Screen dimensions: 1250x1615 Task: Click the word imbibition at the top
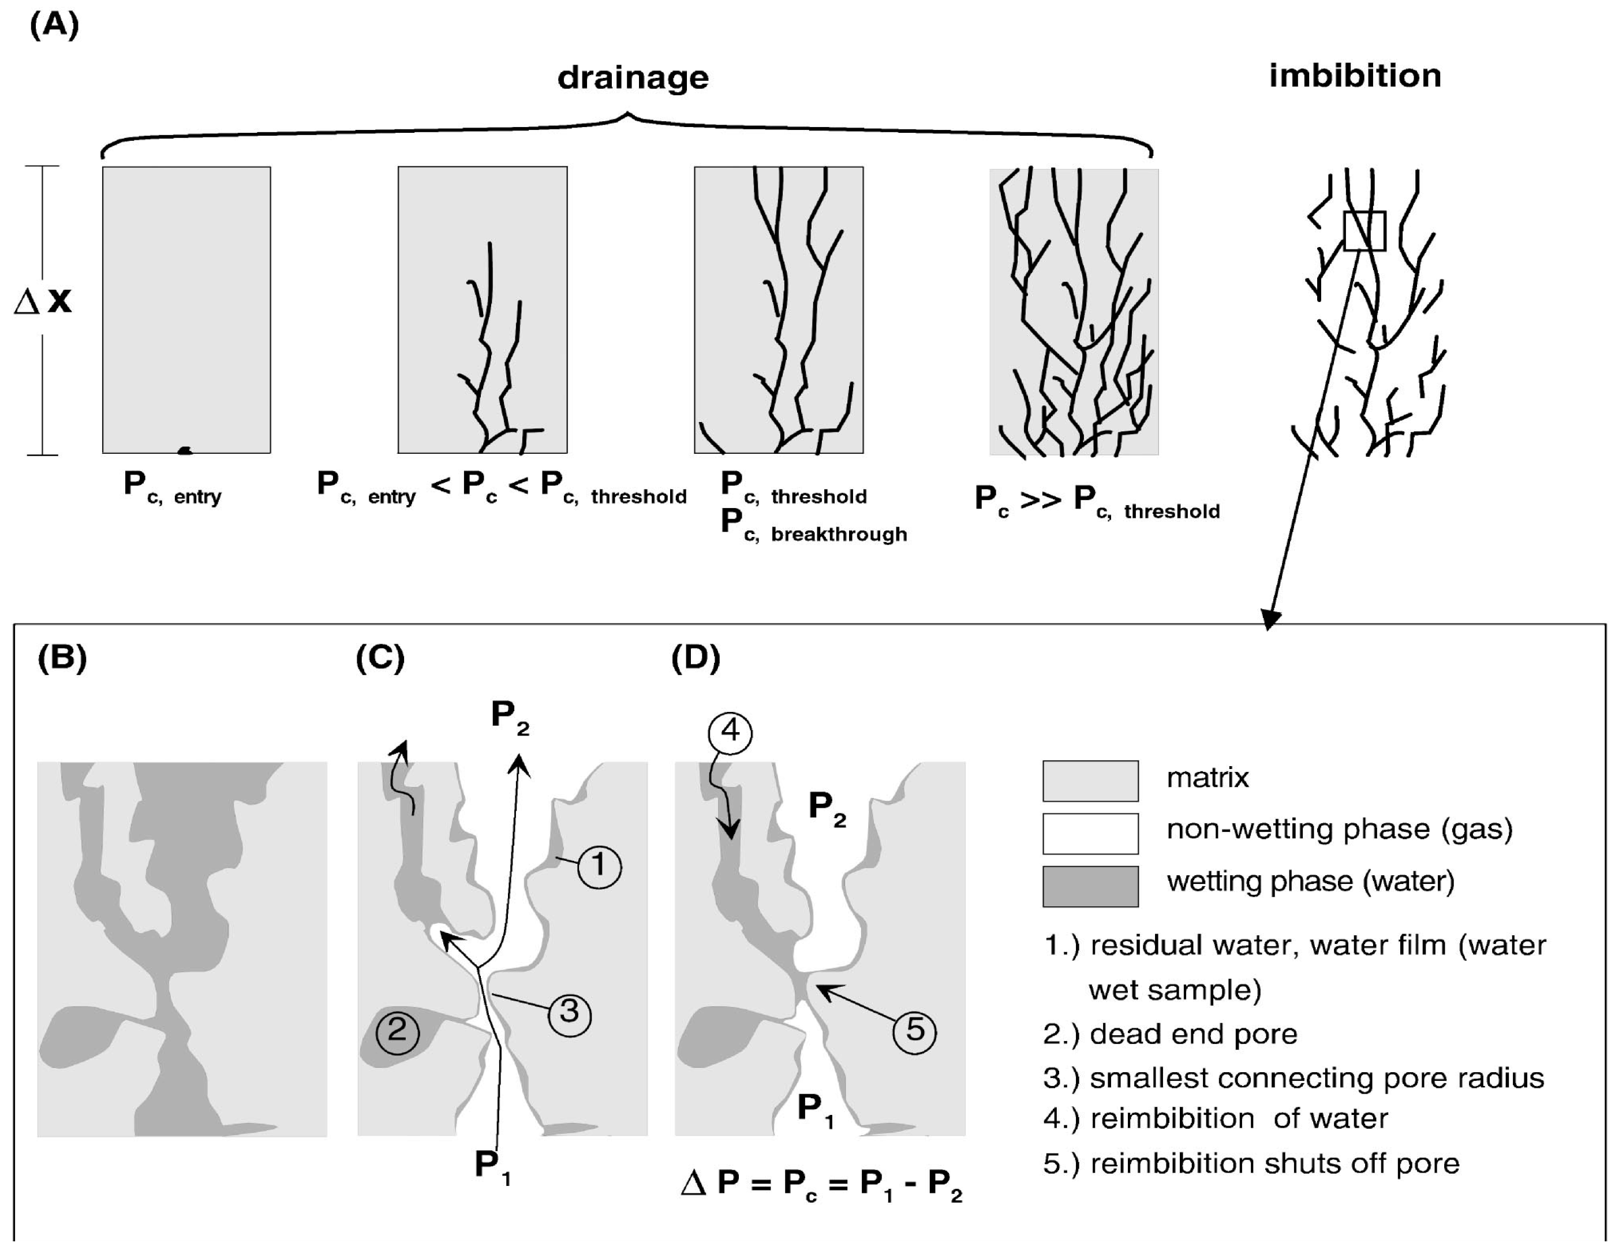[x=1355, y=76]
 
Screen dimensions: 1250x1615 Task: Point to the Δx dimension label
[x=43, y=301]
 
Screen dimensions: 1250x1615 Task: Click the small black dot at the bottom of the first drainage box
[x=185, y=450]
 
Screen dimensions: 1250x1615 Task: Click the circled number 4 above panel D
[x=730, y=732]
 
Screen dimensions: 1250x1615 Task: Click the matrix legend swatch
[x=1090, y=781]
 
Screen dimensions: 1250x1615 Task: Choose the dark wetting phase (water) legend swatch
[x=1090, y=885]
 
